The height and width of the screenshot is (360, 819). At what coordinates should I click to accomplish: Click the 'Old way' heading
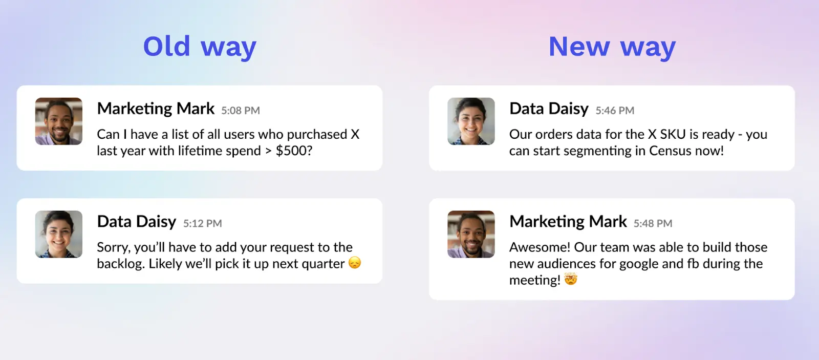(x=200, y=47)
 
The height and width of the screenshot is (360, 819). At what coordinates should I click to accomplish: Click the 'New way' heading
(x=612, y=47)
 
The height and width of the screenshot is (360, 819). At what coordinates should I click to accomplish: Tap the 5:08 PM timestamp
(x=241, y=111)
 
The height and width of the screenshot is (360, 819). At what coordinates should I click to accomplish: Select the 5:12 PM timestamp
(x=203, y=224)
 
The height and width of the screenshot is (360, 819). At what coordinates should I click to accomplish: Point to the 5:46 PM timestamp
(x=615, y=111)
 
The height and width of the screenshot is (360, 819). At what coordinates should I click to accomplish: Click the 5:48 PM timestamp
(x=653, y=224)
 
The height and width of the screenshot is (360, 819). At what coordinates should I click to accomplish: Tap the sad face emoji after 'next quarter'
(x=355, y=263)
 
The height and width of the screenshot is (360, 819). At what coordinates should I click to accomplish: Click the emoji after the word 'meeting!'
(x=571, y=279)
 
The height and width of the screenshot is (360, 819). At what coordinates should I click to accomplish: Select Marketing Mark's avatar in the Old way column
(x=59, y=121)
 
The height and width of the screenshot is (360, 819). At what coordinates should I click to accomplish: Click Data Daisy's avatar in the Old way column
(x=59, y=234)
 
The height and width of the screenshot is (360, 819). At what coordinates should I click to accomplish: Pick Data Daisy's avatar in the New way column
(x=471, y=121)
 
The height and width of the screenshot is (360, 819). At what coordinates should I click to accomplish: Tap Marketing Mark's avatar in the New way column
(x=471, y=234)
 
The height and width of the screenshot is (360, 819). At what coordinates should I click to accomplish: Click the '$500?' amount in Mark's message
(x=294, y=151)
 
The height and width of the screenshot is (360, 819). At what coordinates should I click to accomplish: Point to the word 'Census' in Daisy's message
(x=671, y=151)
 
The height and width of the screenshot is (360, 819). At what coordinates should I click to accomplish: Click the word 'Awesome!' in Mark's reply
(x=540, y=247)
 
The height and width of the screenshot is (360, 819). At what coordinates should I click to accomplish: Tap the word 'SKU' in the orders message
(x=673, y=135)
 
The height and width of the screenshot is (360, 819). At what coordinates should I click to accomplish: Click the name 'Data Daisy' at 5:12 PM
(x=137, y=222)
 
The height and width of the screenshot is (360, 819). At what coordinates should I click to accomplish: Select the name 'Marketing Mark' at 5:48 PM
(x=568, y=222)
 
